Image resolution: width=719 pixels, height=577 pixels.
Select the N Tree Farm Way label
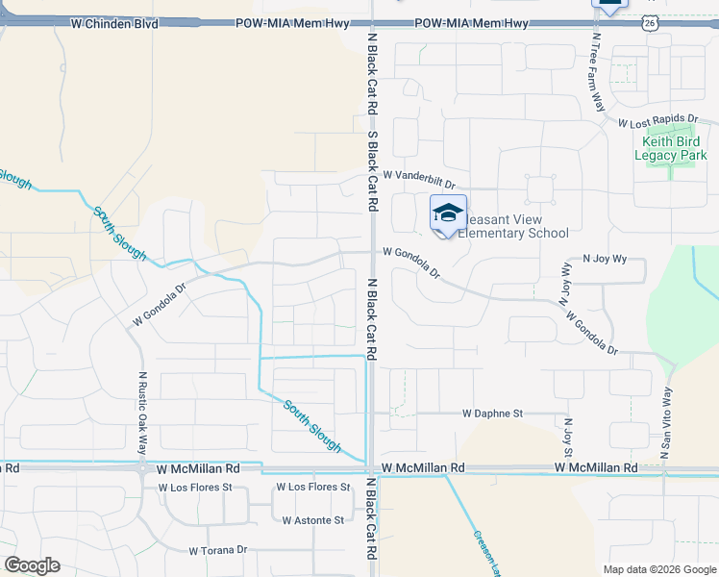click(597, 72)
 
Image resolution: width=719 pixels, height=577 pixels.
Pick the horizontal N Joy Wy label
click(605, 259)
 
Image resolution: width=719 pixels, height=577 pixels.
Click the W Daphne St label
click(492, 414)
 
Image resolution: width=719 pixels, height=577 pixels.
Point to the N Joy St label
click(568, 437)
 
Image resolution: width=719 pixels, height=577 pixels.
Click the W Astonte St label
click(312, 520)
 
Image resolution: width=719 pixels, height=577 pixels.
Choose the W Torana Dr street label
click(218, 551)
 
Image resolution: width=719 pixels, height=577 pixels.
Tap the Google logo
click(32, 565)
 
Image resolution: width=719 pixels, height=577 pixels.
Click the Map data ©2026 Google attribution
click(658, 569)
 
